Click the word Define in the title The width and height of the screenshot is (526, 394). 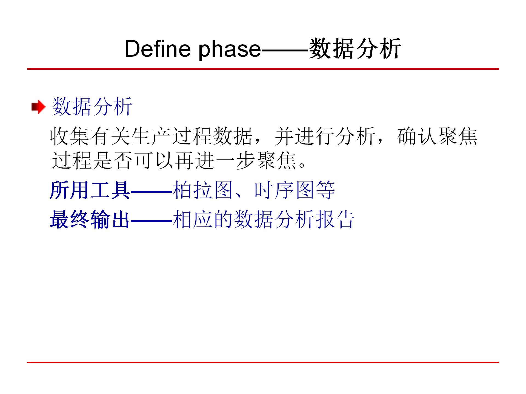coord(157,49)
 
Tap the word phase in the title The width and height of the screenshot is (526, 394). coord(230,49)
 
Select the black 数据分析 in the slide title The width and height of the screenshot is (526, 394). coord(355,49)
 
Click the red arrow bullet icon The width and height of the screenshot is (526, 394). coord(38,107)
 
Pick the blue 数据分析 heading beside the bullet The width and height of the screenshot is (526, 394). coord(92,106)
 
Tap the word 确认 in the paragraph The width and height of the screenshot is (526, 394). coord(417,136)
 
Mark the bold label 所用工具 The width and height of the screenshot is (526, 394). coord(90,190)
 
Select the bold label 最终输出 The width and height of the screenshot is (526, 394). coord(90,219)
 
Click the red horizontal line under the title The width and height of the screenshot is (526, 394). coord(263,69)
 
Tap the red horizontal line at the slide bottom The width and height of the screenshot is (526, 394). coord(263,363)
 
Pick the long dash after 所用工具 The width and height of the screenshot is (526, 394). coord(151,191)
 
